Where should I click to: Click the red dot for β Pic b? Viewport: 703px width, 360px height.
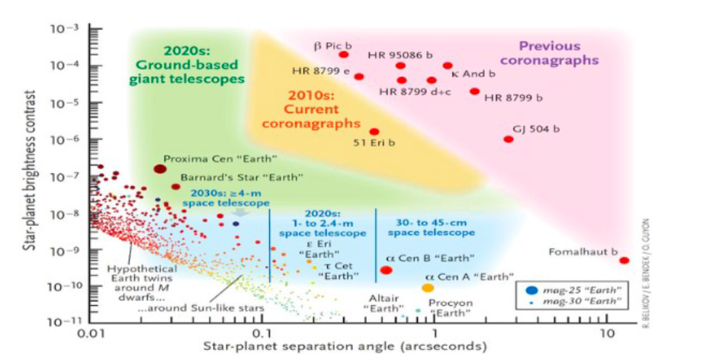pos(344,54)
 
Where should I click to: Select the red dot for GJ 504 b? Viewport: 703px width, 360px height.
pos(509,139)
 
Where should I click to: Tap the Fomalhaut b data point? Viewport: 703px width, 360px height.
pos(624,260)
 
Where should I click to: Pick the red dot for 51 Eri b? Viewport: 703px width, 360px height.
pos(374,132)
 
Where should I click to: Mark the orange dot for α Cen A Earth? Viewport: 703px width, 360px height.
pos(428,288)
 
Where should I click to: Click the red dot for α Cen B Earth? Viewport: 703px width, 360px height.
pos(386,270)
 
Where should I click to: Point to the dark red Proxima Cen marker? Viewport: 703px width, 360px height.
pos(160,169)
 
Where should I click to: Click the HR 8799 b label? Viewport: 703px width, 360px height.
pos(513,98)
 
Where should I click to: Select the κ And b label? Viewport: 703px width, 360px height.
pos(473,74)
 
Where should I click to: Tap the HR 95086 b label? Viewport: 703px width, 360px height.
pos(400,55)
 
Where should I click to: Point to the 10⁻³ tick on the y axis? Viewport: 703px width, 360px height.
pos(89,29)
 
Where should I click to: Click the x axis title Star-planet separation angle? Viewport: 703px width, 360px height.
pos(344,347)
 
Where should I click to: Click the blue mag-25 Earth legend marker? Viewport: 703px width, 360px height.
pos(532,291)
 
